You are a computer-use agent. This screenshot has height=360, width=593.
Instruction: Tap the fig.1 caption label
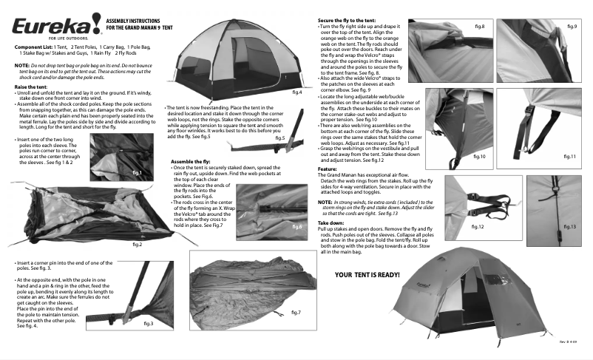point(137,172)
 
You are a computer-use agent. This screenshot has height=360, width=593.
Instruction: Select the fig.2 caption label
point(137,244)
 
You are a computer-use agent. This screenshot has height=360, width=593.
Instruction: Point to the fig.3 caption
point(148,323)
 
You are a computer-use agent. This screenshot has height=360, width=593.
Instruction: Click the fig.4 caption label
point(296,92)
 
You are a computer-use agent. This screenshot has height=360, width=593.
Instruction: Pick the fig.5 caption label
point(279,138)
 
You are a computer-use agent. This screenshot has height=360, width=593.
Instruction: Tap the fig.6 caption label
point(296,226)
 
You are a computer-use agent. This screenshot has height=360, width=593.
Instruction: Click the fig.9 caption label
point(572,27)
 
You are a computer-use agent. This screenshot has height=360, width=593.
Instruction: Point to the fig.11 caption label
point(569,157)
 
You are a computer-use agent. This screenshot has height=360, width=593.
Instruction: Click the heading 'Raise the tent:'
point(31,87)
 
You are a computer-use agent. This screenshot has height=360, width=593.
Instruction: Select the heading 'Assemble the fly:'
point(191,160)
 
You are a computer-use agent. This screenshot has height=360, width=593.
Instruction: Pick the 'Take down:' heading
point(331,223)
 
